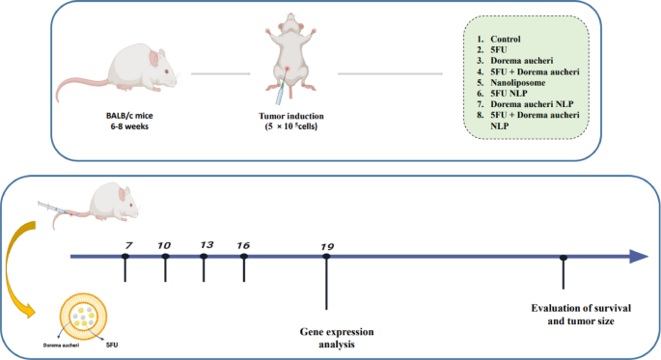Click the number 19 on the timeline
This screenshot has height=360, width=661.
327,247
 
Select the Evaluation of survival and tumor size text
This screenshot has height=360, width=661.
575,315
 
